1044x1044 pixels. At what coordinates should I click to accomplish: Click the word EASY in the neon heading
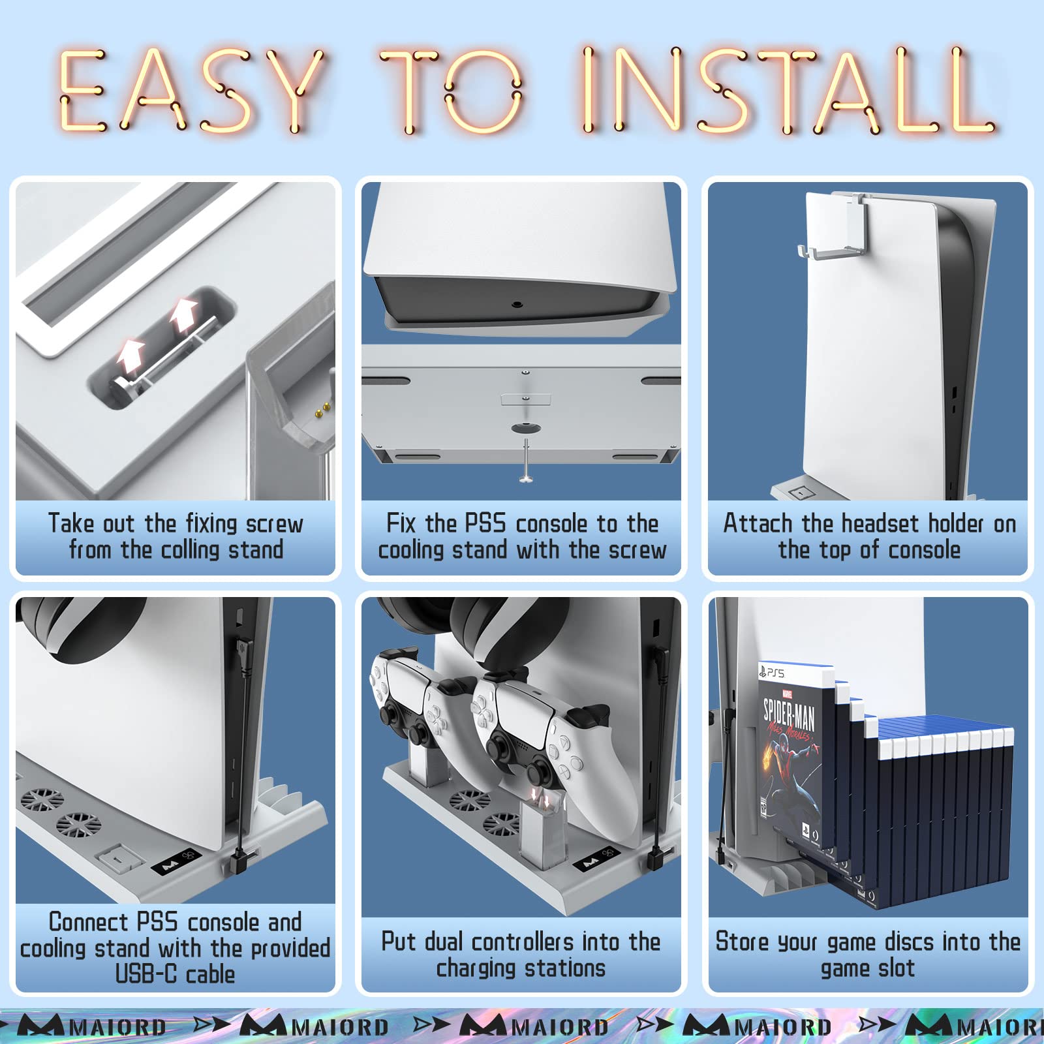click(x=189, y=90)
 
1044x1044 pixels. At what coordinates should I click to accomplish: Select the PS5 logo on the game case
click(x=772, y=672)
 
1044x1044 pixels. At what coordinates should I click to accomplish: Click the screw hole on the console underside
click(x=517, y=304)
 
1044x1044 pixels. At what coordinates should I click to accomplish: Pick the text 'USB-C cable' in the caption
click(x=175, y=974)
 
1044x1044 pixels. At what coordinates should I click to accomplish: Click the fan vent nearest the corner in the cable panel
click(x=42, y=799)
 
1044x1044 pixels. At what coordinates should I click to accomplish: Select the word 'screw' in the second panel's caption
click(x=637, y=550)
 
